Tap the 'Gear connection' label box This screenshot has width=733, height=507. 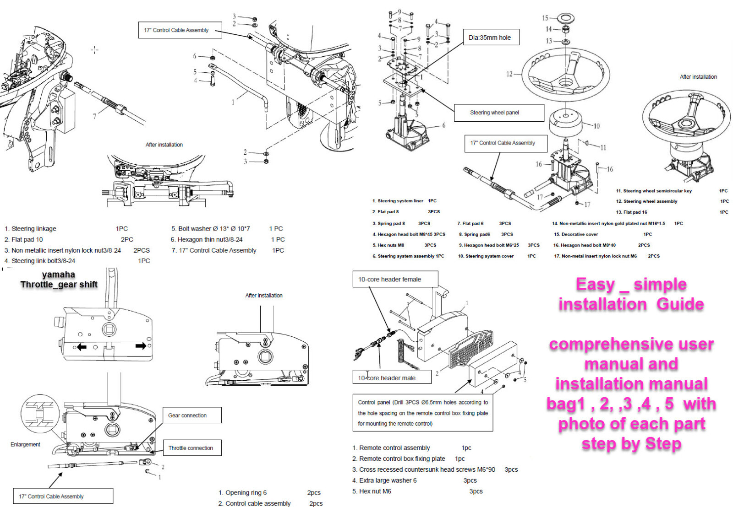click(191, 415)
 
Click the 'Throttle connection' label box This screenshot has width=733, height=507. click(191, 448)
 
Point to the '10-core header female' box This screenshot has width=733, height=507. click(394, 279)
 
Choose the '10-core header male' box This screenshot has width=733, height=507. click(392, 378)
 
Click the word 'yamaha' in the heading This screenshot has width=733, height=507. click(58, 275)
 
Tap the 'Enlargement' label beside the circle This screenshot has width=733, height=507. click(25, 444)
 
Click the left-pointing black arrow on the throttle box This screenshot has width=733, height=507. click(81, 347)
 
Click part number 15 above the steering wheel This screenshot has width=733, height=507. click(545, 18)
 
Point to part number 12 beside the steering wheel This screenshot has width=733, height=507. click(509, 74)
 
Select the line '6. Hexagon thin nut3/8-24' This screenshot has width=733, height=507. click(207, 239)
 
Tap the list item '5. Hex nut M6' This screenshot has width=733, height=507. click(372, 491)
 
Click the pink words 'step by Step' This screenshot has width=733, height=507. click(631, 443)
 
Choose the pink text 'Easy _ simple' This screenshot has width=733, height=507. click(631, 285)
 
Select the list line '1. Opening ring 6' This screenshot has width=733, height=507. click(242, 493)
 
